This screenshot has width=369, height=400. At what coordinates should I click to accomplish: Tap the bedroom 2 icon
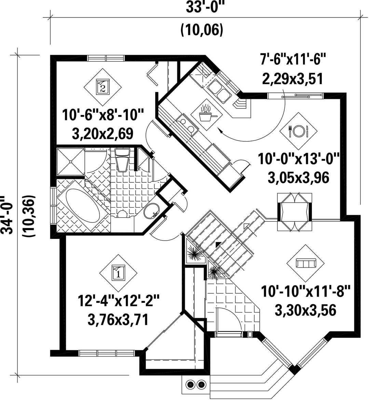(102, 87)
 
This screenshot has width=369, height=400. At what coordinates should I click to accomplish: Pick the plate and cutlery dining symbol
(298, 131)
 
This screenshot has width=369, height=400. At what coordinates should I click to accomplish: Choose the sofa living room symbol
(305, 263)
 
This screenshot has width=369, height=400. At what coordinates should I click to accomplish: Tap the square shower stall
(70, 162)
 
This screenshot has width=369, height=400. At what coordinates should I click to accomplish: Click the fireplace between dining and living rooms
(295, 212)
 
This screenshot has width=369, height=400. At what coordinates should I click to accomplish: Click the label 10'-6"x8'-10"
(103, 115)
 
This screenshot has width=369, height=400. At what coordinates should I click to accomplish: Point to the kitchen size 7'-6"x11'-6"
(292, 59)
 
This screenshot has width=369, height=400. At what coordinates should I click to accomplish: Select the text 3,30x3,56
(305, 310)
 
